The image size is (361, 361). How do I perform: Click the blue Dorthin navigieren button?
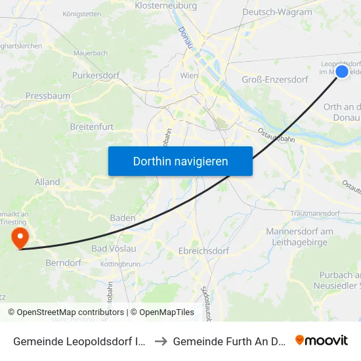pos(180,161)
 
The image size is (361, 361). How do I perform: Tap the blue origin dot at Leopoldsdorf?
pos(342,72)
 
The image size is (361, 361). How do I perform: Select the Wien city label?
pos(189,76)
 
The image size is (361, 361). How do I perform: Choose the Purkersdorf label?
pos(96,75)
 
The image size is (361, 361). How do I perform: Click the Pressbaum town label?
pos(48,96)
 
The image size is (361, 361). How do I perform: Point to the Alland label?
pos(48,182)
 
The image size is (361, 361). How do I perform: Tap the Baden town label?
pos(123,218)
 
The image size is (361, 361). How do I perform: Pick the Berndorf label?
pos(64,263)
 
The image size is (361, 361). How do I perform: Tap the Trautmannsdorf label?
pos(318,213)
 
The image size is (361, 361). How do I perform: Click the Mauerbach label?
pos(91,53)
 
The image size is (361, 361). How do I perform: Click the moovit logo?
pos(322,340)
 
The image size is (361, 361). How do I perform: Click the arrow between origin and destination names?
pos(161,340)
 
